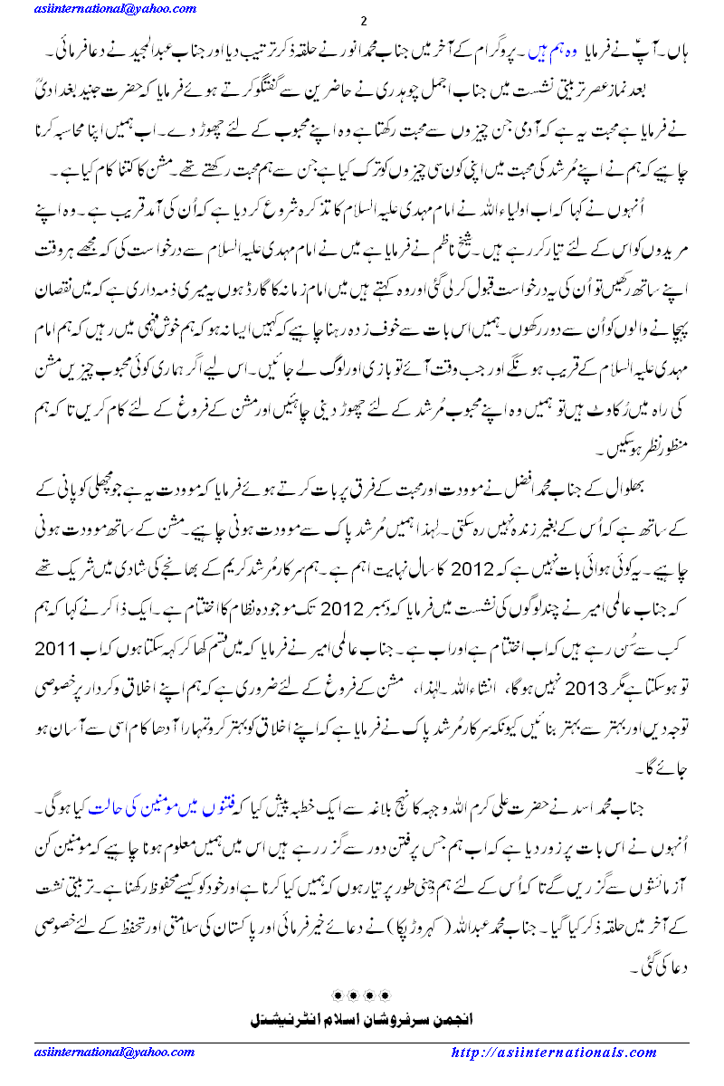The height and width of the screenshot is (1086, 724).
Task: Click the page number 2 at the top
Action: click(x=362, y=22)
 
